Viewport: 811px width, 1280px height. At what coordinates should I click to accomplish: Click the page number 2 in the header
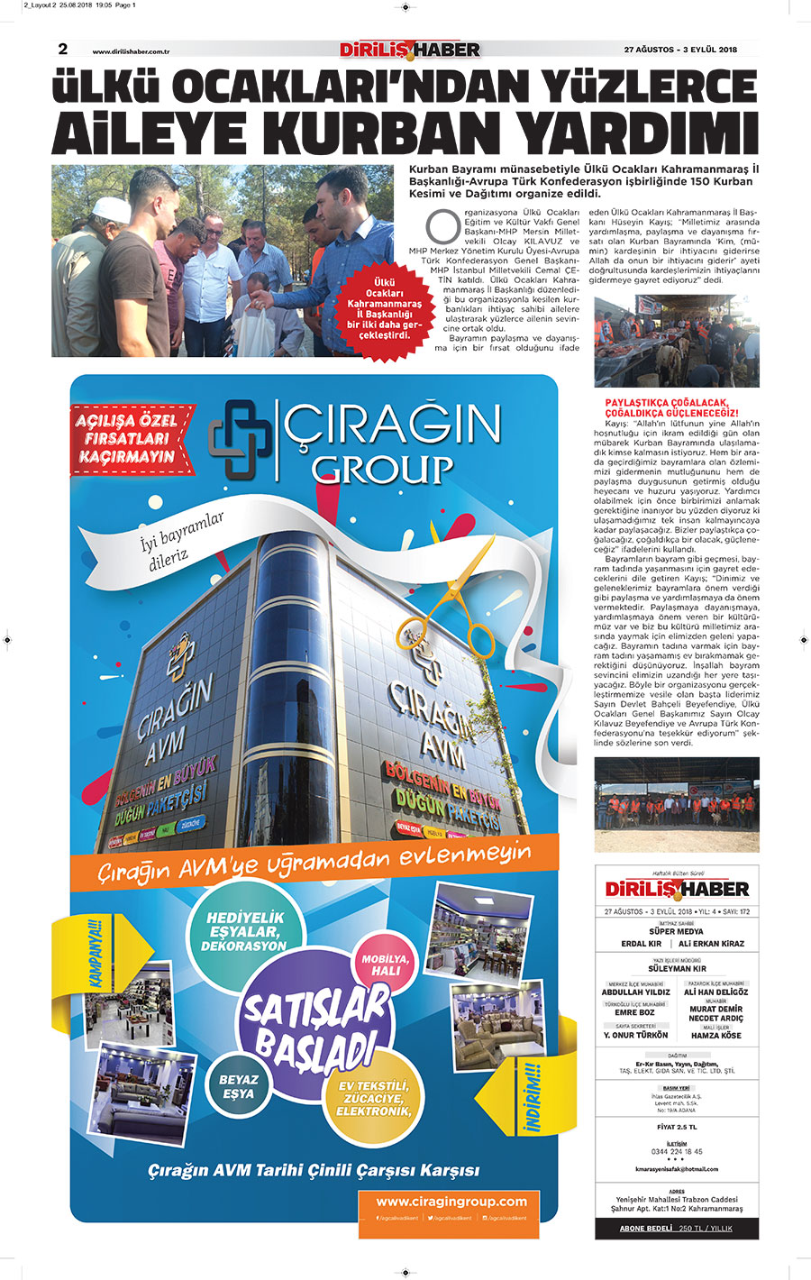[63, 49]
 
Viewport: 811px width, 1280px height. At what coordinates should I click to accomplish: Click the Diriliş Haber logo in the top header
[410, 50]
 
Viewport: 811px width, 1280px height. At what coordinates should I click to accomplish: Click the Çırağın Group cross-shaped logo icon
[240, 439]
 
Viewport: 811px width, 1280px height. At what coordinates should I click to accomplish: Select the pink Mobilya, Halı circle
[386, 965]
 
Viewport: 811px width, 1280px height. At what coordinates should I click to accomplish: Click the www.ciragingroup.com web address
[451, 1202]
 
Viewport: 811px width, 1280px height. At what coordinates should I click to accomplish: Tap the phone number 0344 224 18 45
[677, 1151]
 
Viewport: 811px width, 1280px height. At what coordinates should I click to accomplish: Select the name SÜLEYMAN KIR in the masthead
[677, 968]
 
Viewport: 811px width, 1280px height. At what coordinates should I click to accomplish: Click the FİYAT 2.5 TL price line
[677, 1127]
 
